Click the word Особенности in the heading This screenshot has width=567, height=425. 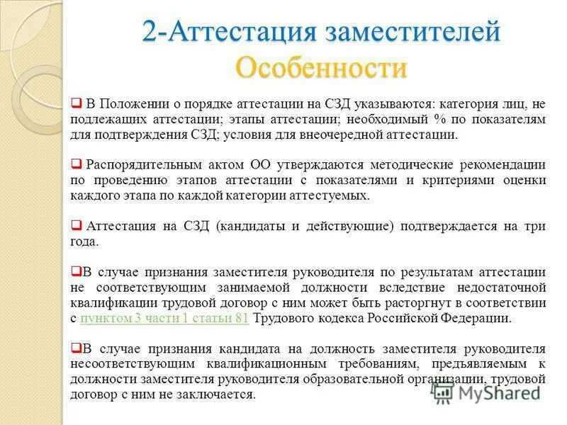click(321, 68)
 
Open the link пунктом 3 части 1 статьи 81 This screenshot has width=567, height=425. click(164, 318)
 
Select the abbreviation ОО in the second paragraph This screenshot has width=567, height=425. click(237, 165)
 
